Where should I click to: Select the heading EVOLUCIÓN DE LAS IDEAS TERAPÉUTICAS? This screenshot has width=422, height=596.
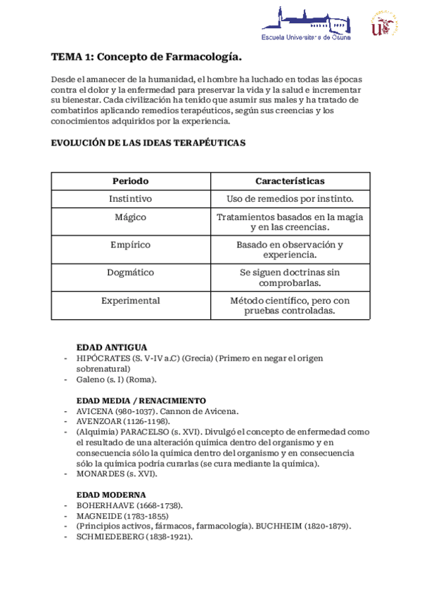coord(148,142)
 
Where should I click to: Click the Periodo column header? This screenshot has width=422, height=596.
coord(130,181)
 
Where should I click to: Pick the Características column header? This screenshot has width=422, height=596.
coord(290,181)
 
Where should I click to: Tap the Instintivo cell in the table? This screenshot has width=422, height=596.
coord(130,199)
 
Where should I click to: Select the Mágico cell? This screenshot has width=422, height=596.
coord(130,217)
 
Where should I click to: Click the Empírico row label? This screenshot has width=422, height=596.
coord(130,245)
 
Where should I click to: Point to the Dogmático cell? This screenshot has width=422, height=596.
coord(130,272)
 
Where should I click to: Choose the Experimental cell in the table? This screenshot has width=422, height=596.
coord(130,301)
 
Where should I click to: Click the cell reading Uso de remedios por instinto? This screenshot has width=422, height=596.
coord(290,199)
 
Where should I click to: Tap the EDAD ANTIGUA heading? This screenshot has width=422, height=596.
coord(111,347)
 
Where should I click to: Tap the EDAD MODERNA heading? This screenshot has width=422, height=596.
coord(111,495)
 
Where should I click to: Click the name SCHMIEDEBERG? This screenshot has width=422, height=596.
coord(110,536)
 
